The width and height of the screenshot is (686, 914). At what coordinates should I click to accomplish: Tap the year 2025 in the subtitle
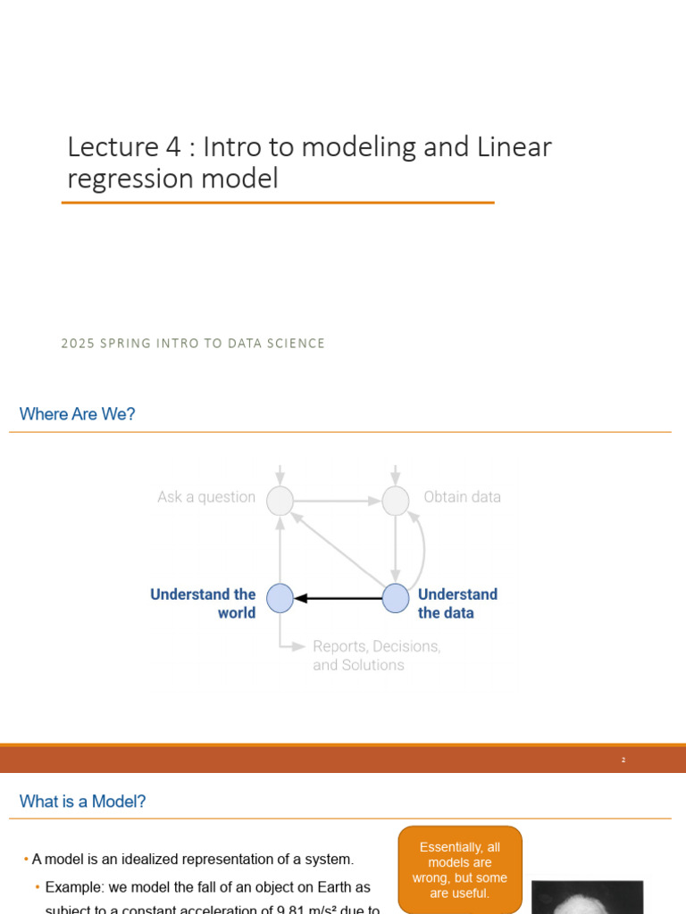pyautogui.click(x=78, y=344)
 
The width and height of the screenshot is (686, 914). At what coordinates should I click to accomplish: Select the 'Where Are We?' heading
pyautogui.click(x=78, y=414)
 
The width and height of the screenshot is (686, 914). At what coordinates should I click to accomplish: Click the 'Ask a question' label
pyautogui.click(x=206, y=497)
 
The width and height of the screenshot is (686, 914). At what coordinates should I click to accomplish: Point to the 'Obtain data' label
pyautogui.click(x=462, y=497)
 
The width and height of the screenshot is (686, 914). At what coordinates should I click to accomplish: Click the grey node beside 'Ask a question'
pyautogui.click(x=280, y=501)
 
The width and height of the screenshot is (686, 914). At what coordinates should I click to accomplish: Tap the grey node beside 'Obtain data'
pyautogui.click(x=396, y=501)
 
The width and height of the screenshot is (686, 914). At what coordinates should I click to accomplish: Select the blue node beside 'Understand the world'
pyautogui.click(x=280, y=598)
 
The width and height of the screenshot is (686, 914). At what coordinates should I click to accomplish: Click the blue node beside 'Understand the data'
pyautogui.click(x=396, y=598)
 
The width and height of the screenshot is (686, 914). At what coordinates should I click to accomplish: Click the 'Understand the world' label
pyautogui.click(x=204, y=603)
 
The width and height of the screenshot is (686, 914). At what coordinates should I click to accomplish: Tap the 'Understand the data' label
pyautogui.click(x=457, y=603)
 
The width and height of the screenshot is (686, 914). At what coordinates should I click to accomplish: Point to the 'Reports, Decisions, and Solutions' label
pyautogui.click(x=376, y=655)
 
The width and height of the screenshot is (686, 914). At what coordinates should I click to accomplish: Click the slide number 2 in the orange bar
pyautogui.click(x=623, y=760)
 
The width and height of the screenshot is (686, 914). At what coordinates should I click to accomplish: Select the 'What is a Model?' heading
pyautogui.click(x=83, y=802)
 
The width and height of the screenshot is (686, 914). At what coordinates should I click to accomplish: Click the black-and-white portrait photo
pyautogui.click(x=587, y=897)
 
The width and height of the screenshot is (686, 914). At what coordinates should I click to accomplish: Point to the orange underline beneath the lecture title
pyautogui.click(x=278, y=203)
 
